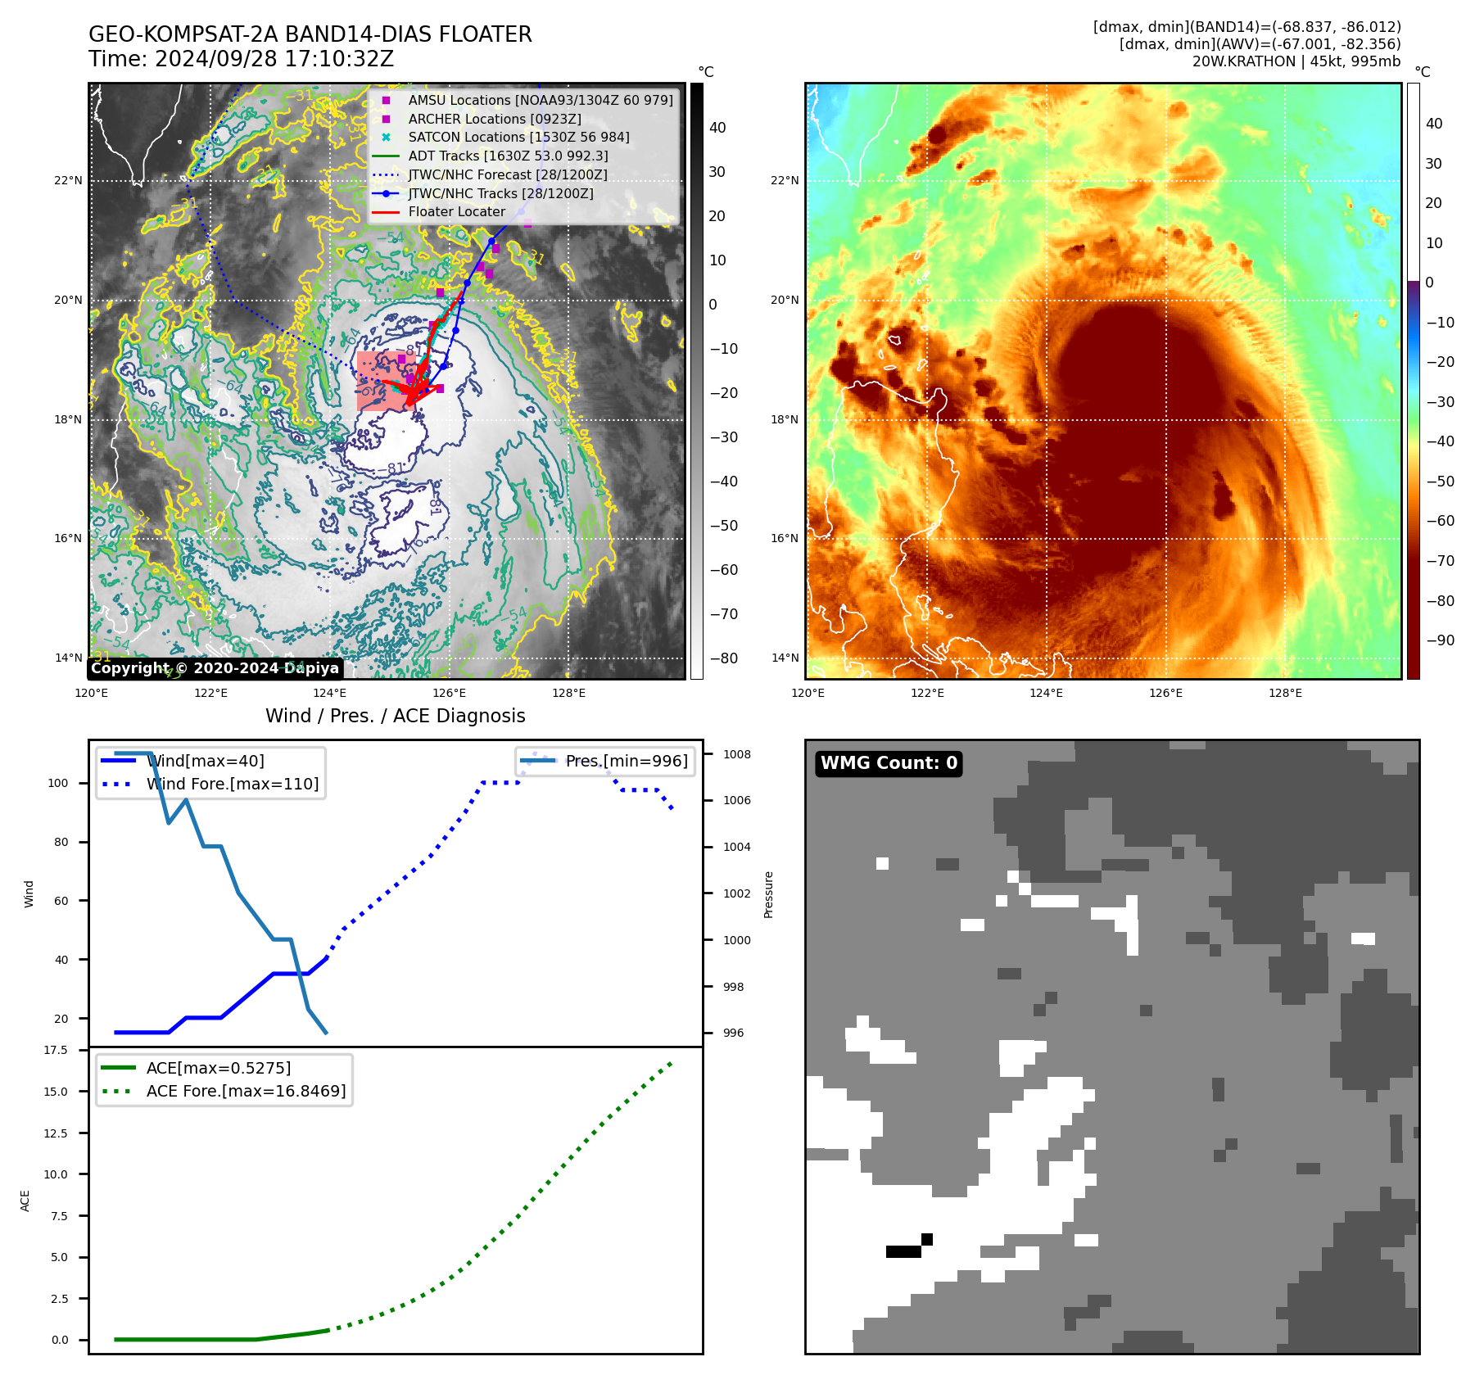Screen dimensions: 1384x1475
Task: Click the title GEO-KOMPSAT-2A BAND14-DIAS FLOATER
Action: click(310, 34)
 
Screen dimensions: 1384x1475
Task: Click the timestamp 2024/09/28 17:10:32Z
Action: click(274, 59)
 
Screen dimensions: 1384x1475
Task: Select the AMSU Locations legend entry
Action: click(540, 100)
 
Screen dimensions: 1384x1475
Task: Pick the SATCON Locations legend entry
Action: click(518, 137)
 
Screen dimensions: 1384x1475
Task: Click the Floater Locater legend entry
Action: click(456, 211)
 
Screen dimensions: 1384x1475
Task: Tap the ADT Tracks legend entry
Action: click(508, 156)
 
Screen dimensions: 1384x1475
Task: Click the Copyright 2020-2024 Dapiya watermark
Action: click(215, 668)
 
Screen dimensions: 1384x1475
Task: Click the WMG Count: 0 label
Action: click(889, 763)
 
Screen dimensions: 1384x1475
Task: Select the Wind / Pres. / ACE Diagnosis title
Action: click(395, 716)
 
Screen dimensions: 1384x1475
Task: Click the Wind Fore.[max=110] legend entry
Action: click(233, 784)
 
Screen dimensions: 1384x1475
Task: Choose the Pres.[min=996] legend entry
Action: click(627, 761)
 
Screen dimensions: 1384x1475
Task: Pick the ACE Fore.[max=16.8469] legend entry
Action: click(246, 1091)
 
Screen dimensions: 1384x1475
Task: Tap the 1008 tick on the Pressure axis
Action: click(736, 754)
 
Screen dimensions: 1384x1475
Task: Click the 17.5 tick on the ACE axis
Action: click(56, 1050)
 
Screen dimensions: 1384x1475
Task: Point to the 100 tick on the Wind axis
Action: click(58, 783)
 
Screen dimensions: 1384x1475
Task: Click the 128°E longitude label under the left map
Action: click(568, 694)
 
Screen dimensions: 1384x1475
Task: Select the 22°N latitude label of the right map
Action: click(785, 180)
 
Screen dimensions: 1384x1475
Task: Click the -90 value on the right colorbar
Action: click(1440, 640)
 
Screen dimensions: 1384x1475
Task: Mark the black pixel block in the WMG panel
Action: click(905, 1251)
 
